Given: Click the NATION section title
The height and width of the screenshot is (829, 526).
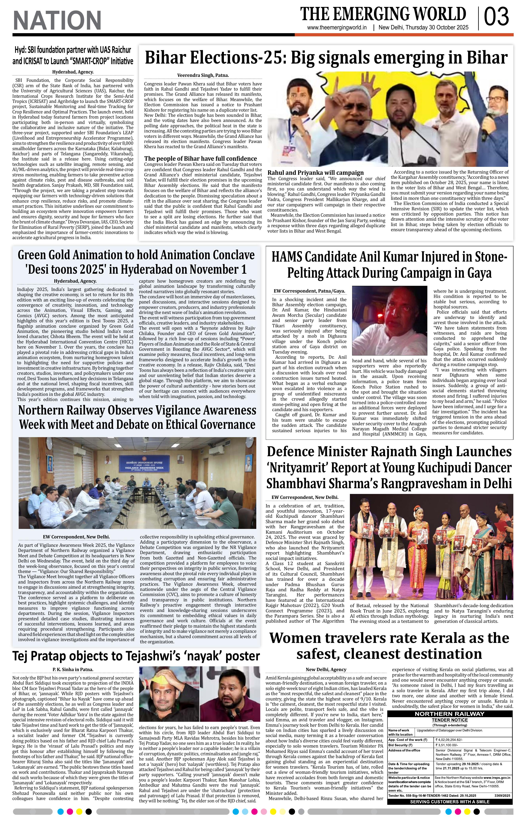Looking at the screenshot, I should click(x=57, y=20).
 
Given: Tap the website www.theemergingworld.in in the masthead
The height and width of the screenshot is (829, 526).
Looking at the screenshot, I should click(x=337, y=28).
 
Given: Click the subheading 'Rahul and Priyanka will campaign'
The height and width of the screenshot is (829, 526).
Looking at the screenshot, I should click(x=315, y=172).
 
